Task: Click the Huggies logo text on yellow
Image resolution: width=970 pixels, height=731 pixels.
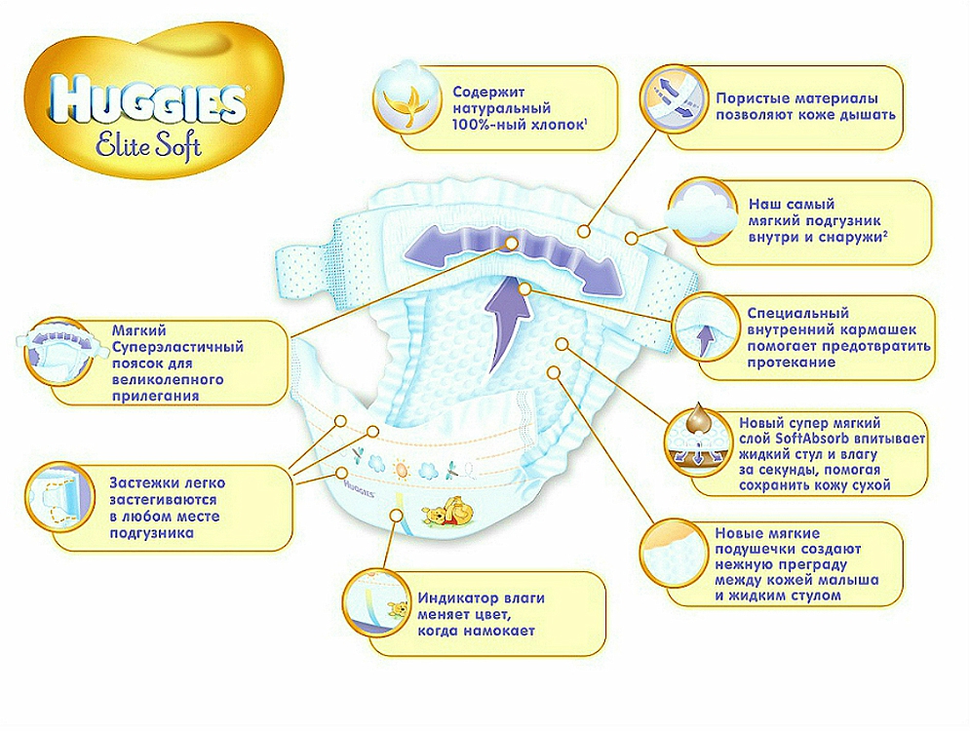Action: click(147, 100)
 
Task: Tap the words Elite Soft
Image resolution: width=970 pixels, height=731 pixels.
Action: click(149, 145)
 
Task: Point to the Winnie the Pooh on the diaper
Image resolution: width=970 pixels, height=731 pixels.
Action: click(446, 516)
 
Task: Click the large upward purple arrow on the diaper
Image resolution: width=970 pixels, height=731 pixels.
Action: click(510, 323)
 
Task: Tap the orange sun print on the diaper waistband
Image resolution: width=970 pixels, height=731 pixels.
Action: click(401, 470)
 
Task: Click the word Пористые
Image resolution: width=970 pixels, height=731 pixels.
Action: click(753, 98)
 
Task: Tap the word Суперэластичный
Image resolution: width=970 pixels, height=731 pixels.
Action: click(178, 347)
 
